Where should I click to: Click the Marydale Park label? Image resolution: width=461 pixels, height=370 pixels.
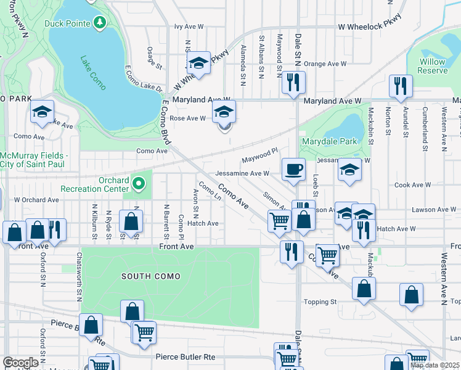point(329,142)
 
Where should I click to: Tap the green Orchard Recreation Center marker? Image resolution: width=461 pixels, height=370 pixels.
point(139,183)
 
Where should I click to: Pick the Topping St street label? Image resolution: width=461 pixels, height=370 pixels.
point(320,302)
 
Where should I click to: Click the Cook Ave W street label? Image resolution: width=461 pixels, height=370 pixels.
point(412,185)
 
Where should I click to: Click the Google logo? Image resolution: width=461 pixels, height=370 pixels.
point(20,363)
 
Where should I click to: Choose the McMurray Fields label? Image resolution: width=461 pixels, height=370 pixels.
point(35,159)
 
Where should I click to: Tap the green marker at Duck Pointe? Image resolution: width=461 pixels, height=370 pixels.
point(100,23)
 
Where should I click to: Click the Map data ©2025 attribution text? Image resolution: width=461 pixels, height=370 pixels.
point(434,365)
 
